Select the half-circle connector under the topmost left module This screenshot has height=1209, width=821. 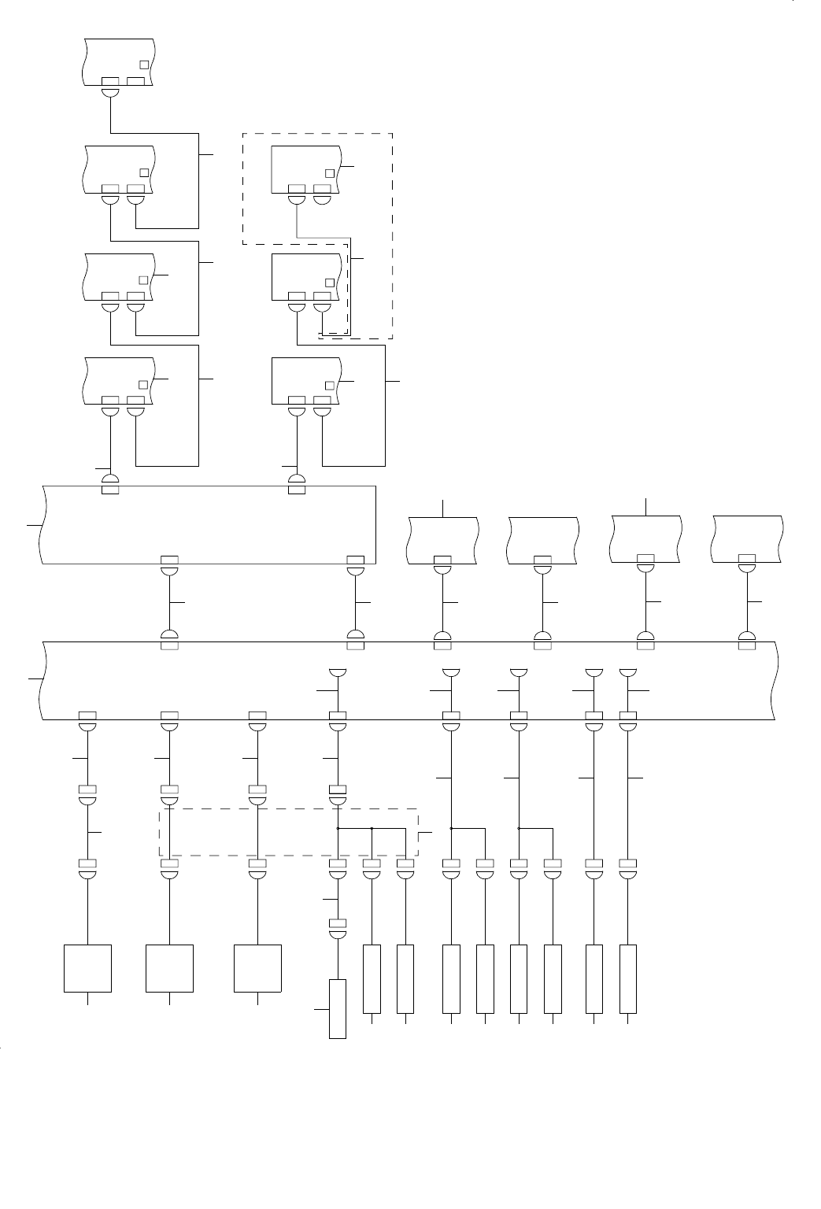click(x=111, y=92)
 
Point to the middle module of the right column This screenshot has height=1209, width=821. click(x=306, y=276)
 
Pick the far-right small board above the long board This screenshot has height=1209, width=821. click(x=747, y=538)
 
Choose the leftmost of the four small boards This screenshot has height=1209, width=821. click(x=443, y=539)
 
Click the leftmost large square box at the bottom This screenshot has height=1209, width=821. click(x=87, y=967)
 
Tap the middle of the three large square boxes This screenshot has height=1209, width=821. click(x=170, y=967)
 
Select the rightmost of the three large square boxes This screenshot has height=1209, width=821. click(x=257, y=967)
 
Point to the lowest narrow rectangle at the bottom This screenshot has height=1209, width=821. click(x=338, y=1009)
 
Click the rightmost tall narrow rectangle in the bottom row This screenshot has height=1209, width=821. click(x=627, y=978)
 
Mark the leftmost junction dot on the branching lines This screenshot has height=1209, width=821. click(x=338, y=828)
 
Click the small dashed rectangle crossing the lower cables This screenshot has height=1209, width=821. click(x=288, y=832)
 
